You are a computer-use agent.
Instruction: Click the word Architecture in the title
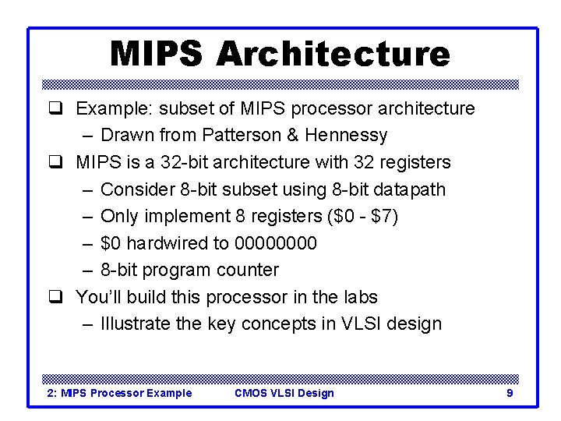click(333, 54)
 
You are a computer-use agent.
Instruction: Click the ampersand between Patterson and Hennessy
click(292, 135)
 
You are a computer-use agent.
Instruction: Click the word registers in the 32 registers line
click(413, 162)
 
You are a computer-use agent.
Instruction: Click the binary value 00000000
click(276, 243)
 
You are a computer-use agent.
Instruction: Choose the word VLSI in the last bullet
click(362, 324)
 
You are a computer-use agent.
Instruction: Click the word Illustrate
click(136, 324)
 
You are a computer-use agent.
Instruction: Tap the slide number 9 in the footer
click(510, 393)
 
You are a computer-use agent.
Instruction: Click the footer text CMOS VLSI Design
click(284, 393)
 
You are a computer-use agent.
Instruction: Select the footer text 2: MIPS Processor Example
click(120, 393)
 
